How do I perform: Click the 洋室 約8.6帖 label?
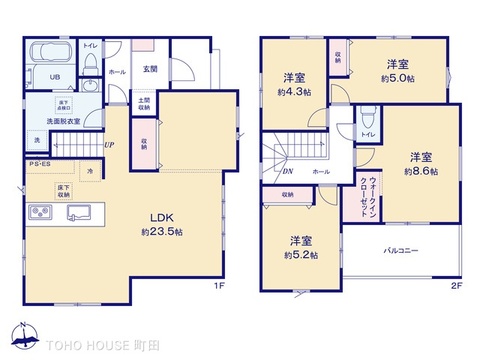click(x=419, y=164)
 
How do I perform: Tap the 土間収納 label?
click(x=144, y=105)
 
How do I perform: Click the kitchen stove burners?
click(x=42, y=213)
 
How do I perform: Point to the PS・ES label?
click(x=39, y=164)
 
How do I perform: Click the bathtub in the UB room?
click(x=45, y=53)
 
